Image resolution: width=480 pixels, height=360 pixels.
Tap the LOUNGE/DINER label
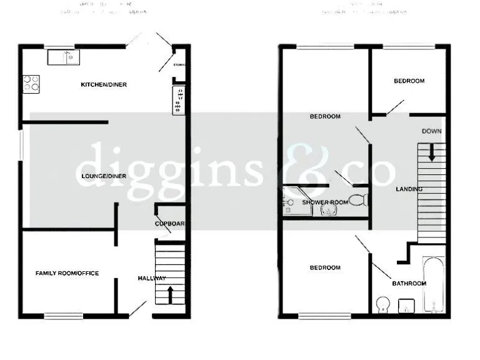(104, 176)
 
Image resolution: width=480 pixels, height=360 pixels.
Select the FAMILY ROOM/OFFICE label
(67, 273)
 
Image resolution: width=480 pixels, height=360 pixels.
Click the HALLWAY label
(151, 278)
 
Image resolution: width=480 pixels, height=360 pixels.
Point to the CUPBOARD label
(170, 224)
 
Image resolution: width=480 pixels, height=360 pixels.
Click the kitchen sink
(63, 57)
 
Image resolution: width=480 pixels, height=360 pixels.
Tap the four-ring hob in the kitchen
(31, 83)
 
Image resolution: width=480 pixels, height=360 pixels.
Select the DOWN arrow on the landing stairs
(432, 152)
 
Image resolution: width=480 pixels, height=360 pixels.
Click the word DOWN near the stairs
(432, 131)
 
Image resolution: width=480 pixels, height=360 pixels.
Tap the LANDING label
(409, 189)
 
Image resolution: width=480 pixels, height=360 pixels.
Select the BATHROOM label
(409, 283)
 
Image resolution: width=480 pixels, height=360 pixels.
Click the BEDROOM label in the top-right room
(409, 81)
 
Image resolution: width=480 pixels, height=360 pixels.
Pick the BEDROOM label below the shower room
(326, 267)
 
